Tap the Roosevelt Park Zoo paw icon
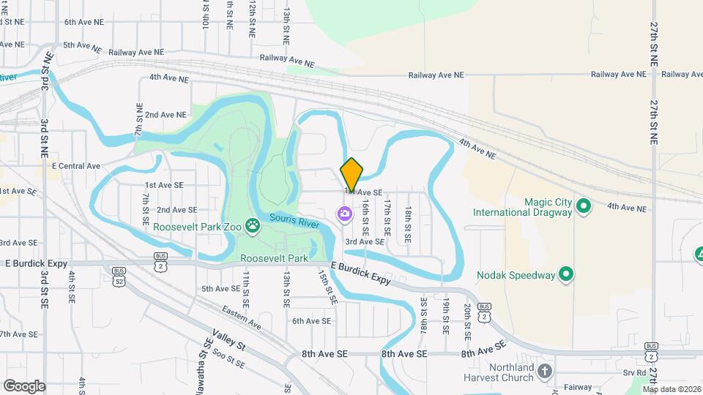[253, 226]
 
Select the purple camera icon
[344, 214]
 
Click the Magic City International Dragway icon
[584, 206]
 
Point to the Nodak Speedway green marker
[566, 275]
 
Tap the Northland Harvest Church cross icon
[544, 370]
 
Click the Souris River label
[294, 220]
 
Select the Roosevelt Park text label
[274, 259]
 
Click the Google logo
[24, 385]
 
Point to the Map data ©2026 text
[671, 389]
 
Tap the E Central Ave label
[75, 166]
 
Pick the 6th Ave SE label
[312, 320]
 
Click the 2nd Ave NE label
[165, 115]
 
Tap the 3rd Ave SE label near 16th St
[365, 241]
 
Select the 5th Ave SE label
[221, 289]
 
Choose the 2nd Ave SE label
[177, 210]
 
